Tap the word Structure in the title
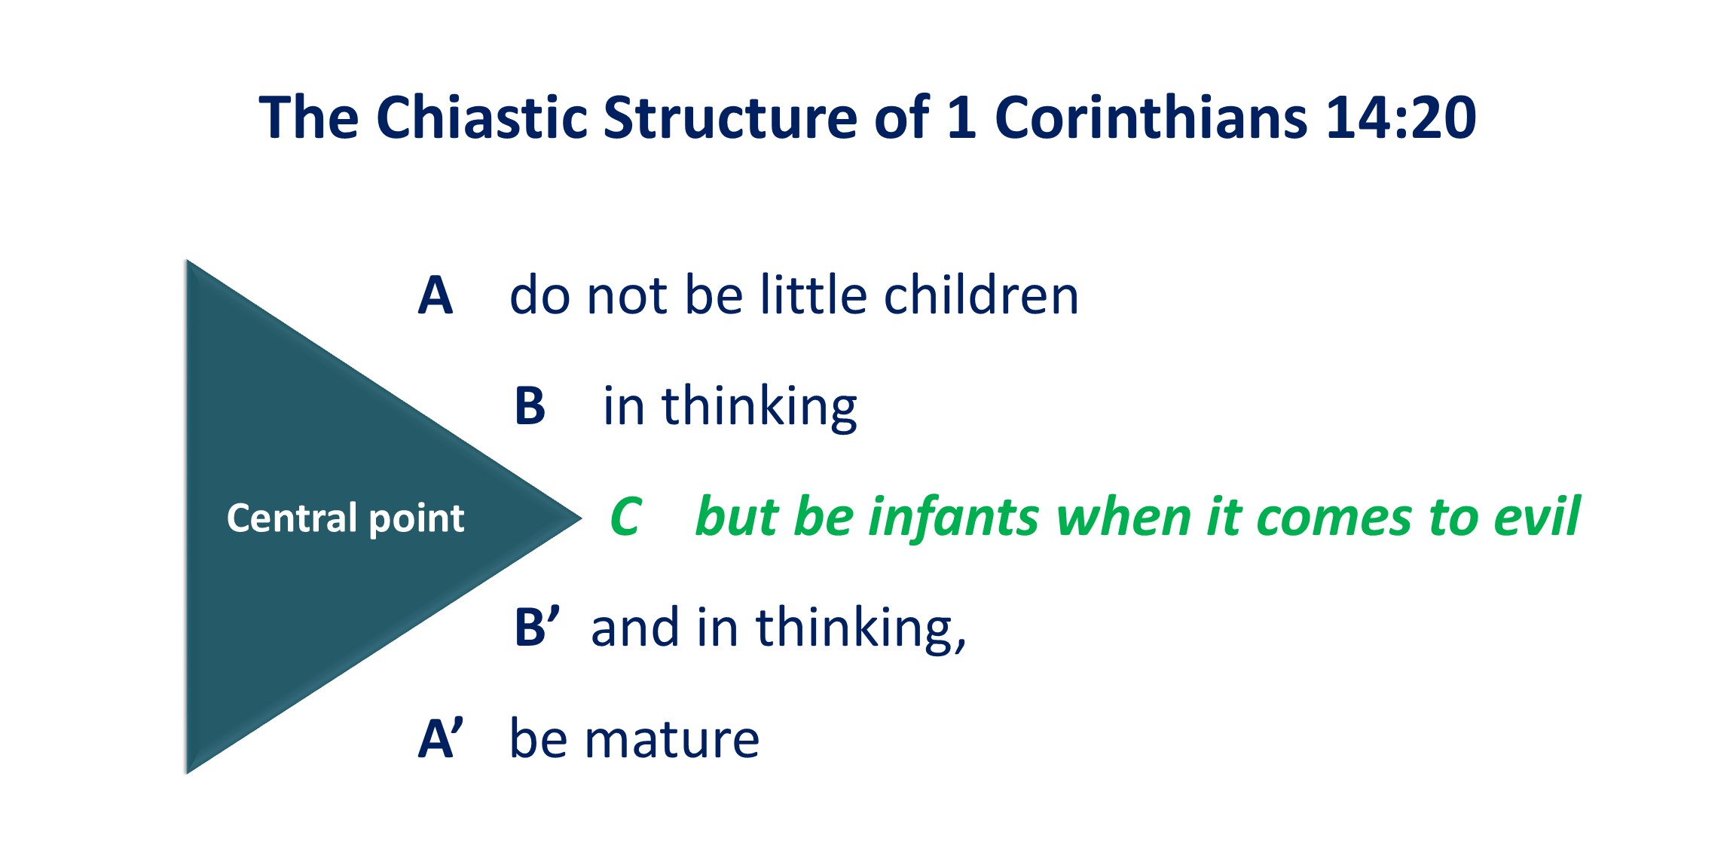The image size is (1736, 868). coord(729,118)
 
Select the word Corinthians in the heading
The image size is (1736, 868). coord(1151,118)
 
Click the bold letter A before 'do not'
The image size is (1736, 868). coord(436,295)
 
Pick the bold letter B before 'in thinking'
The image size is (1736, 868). coord(530,406)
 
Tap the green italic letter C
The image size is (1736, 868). coord(626,517)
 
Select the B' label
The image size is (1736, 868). coord(537,627)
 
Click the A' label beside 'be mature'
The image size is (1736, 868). coord(441,738)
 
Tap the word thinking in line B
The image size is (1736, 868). coord(759,408)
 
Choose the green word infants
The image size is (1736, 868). coord(954,517)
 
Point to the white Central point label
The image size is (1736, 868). coord(345,518)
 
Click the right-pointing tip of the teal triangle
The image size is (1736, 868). coord(582,517)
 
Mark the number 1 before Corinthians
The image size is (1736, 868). coord(961,118)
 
